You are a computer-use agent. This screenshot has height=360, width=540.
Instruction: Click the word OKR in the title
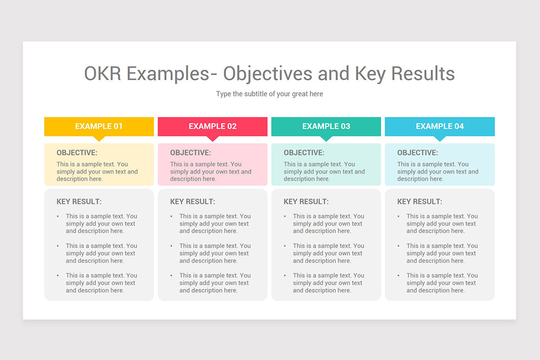(103, 73)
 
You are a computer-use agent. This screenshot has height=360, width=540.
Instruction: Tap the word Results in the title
(423, 73)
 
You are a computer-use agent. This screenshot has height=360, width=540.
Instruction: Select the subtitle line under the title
(270, 94)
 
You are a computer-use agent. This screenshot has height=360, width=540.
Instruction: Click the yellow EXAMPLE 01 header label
(99, 126)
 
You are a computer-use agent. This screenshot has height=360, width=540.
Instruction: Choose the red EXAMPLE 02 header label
(212, 126)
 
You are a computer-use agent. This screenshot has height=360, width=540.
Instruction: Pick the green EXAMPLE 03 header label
(326, 126)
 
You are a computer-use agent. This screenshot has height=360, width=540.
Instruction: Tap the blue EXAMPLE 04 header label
(440, 126)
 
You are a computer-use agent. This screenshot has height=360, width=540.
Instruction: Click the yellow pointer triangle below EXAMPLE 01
(99, 139)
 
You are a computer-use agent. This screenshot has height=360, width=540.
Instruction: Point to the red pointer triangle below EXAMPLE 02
(212, 139)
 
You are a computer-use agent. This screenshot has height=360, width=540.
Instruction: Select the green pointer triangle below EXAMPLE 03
(326, 139)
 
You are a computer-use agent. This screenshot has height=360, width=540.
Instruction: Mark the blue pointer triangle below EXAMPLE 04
(440, 139)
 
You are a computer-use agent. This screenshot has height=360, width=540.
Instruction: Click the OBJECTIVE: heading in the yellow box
(77, 153)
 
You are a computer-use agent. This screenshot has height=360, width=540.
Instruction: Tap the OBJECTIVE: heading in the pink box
(190, 153)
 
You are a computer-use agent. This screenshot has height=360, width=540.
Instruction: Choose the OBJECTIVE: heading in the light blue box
(418, 153)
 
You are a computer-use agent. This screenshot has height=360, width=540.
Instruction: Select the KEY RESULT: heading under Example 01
(79, 202)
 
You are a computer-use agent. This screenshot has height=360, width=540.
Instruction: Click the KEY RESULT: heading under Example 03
(306, 202)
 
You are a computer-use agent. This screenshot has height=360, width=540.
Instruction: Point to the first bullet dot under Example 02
(171, 216)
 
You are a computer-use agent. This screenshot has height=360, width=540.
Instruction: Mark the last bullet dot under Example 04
(399, 275)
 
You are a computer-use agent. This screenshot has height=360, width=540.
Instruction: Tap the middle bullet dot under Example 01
(58, 246)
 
